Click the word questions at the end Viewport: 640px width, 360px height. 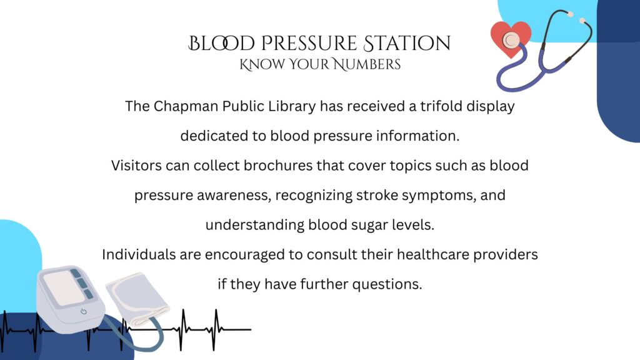(387, 284)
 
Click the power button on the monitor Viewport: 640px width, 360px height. (83, 311)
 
